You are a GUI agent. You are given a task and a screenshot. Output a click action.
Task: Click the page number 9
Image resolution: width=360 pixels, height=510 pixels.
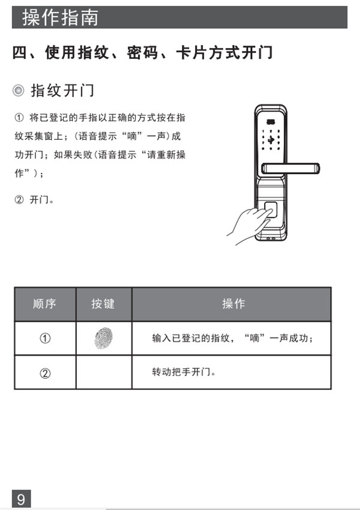tap(21, 499)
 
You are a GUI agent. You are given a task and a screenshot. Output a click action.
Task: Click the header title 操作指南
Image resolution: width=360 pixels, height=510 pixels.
tap(60, 17)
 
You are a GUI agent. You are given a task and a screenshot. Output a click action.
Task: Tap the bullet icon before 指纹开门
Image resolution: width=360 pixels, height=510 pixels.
tap(19, 91)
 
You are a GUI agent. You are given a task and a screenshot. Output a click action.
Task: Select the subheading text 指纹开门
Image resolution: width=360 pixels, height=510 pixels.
tap(62, 91)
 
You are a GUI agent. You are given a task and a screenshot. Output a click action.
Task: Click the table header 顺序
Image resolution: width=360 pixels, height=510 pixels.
tap(44, 304)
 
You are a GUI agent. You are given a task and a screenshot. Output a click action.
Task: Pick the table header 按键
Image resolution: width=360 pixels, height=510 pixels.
tap(103, 304)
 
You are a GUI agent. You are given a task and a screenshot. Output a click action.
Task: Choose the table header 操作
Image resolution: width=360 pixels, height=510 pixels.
tap(233, 304)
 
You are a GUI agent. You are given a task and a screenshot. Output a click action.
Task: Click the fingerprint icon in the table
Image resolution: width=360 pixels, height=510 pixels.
tap(103, 338)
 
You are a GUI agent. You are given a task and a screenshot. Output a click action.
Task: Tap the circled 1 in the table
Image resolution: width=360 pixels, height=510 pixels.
tap(44, 338)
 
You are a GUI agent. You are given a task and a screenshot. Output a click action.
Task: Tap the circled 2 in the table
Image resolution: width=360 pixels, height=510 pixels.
tap(44, 373)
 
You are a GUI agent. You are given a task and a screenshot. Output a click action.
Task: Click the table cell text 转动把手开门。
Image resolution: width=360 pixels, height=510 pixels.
tap(183, 372)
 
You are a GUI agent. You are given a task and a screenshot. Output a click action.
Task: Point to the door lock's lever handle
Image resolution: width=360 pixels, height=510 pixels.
tap(294, 169)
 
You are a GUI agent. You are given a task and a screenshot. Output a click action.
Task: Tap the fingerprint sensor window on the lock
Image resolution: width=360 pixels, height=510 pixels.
tap(271, 211)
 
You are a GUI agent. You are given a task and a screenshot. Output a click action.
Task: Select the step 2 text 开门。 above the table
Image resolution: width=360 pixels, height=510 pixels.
tap(42, 199)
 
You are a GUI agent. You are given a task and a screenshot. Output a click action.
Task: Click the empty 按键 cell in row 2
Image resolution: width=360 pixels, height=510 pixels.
tap(103, 373)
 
